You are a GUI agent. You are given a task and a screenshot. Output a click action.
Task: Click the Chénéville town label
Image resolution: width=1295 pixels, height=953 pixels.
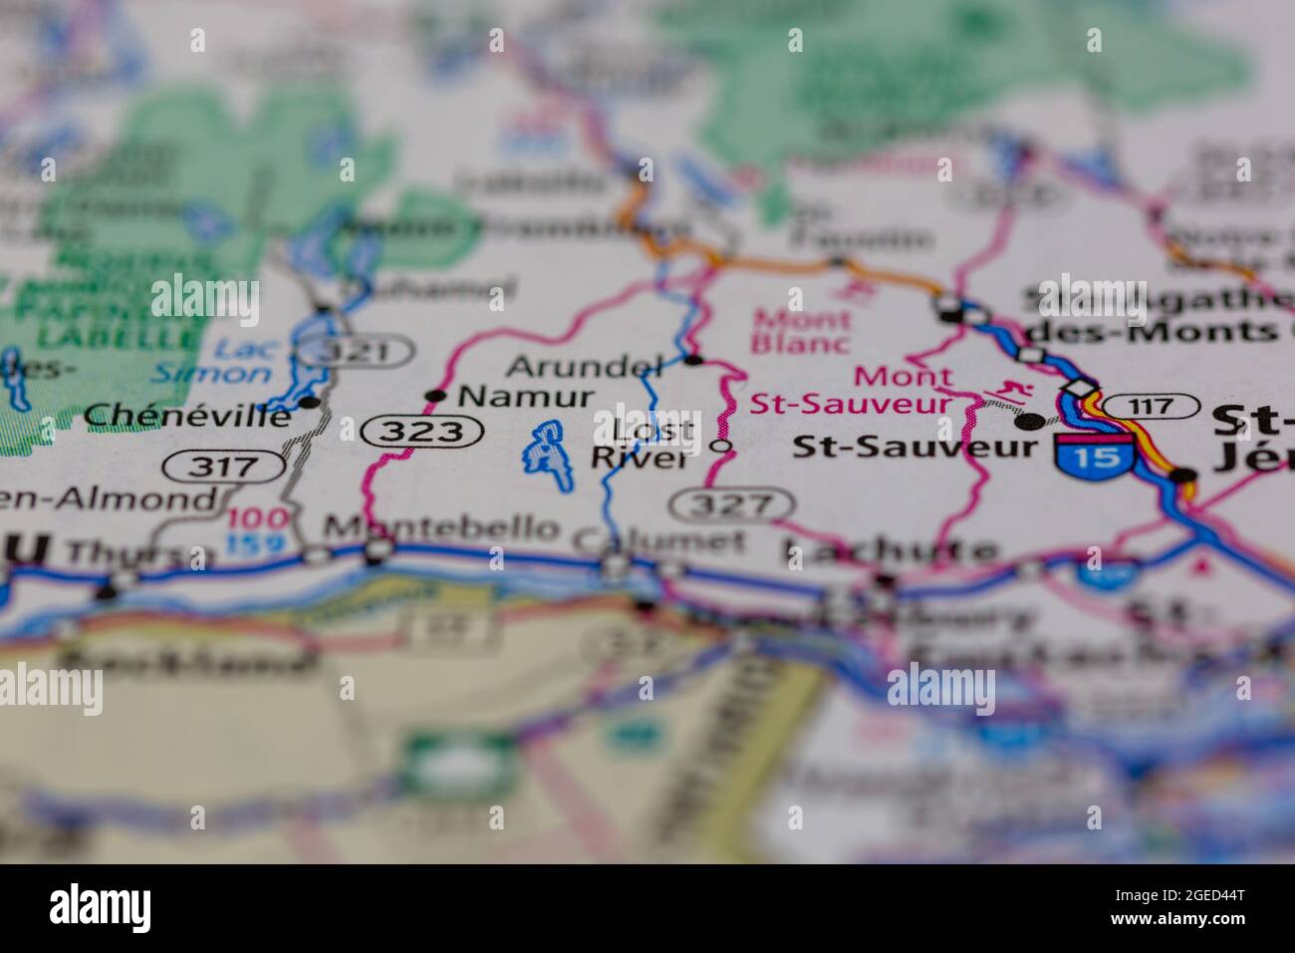188,415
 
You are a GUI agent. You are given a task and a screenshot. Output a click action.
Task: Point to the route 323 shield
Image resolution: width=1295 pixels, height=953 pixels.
423,432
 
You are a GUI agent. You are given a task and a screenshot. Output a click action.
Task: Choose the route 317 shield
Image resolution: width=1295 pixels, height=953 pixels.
226,465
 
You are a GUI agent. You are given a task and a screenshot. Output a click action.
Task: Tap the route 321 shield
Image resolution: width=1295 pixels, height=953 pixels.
358,351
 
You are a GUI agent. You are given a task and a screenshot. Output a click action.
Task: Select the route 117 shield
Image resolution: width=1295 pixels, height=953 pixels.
1151,406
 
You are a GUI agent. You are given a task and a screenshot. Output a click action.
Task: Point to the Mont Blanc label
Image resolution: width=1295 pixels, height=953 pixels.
802,332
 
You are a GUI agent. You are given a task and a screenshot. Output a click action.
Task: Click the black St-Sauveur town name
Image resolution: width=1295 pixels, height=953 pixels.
914,446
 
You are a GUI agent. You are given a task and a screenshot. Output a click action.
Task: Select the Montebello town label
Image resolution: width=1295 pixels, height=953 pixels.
442,527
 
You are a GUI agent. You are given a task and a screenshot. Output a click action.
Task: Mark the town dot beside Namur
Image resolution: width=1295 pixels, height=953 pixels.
435,396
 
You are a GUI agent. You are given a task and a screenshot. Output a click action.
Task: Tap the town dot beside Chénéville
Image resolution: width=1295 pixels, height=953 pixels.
311,403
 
